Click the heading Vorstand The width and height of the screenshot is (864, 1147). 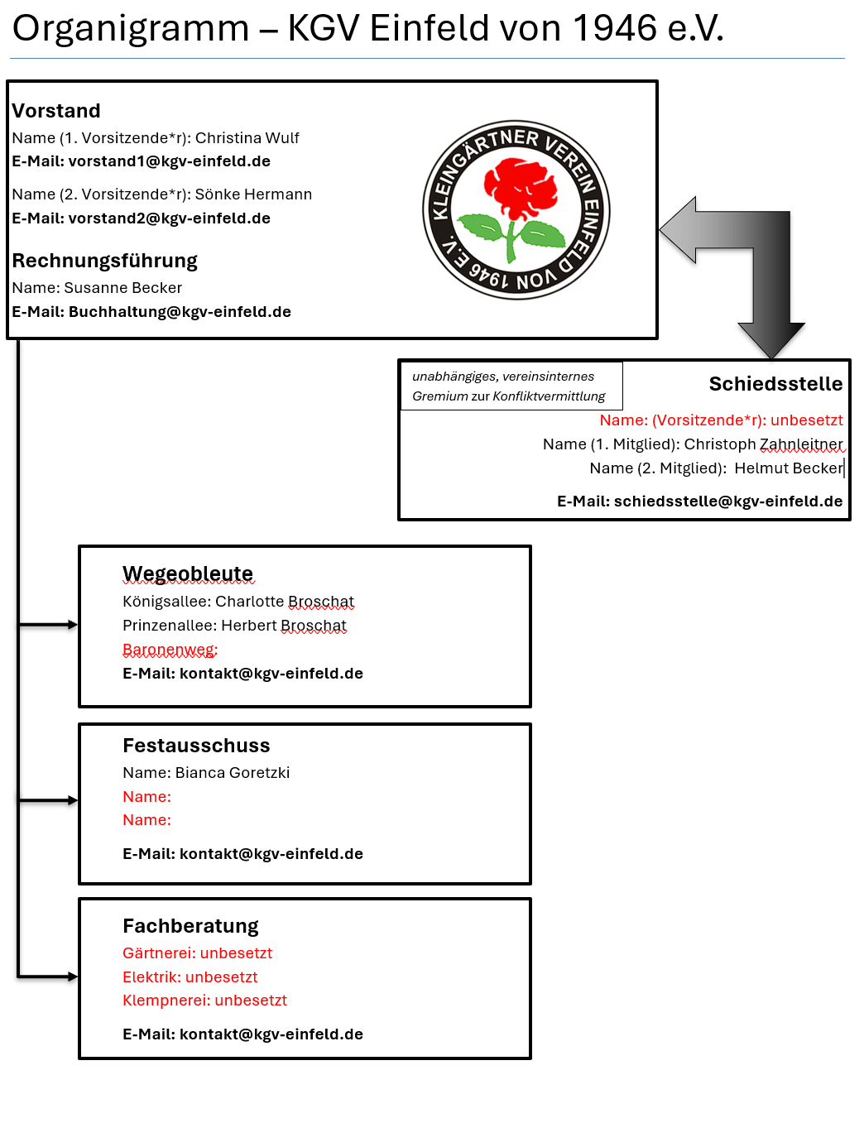(x=56, y=111)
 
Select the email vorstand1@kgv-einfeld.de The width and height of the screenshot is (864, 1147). (x=170, y=161)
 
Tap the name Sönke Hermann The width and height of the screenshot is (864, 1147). (x=253, y=194)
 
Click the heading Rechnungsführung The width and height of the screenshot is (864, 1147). (x=104, y=260)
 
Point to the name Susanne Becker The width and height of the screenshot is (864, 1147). (x=122, y=287)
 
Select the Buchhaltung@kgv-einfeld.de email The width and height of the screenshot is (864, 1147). (x=180, y=311)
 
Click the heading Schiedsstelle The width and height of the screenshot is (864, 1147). (x=775, y=383)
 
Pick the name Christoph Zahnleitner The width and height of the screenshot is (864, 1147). (x=763, y=444)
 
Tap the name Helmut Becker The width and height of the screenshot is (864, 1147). (x=788, y=468)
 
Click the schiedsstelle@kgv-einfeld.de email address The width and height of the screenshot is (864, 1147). (x=728, y=502)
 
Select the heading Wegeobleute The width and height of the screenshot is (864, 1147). (x=188, y=573)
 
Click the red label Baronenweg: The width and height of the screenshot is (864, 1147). (x=170, y=649)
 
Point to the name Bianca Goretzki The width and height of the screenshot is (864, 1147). (x=232, y=772)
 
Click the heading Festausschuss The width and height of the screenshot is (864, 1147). (x=196, y=745)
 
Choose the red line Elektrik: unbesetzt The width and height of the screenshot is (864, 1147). (x=190, y=977)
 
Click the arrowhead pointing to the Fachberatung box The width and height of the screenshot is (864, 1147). (x=73, y=977)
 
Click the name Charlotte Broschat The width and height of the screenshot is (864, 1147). (x=284, y=602)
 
